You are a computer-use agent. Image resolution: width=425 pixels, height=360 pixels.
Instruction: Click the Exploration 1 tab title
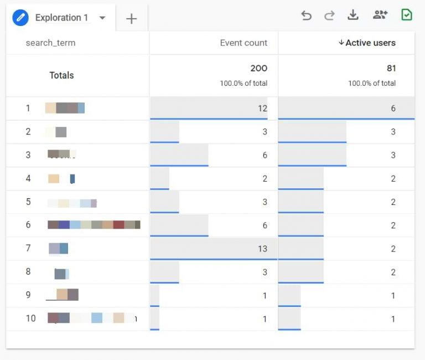(x=61, y=18)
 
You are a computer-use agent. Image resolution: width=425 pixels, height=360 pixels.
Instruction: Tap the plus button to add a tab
(x=131, y=19)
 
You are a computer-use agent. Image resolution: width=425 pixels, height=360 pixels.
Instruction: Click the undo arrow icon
(x=306, y=16)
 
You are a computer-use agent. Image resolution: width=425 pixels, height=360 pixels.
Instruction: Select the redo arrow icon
(x=329, y=16)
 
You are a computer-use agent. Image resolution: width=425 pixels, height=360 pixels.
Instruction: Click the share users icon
(x=380, y=16)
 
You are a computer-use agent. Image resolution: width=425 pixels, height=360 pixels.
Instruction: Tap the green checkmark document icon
(x=407, y=15)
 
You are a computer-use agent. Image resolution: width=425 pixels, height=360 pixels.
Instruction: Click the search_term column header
(x=50, y=43)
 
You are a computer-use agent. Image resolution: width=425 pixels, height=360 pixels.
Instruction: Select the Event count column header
(x=243, y=43)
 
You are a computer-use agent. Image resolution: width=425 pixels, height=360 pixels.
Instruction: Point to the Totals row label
(x=61, y=75)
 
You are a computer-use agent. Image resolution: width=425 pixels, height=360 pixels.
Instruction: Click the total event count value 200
(x=258, y=69)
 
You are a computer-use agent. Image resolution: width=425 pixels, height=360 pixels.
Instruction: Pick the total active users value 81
(x=391, y=69)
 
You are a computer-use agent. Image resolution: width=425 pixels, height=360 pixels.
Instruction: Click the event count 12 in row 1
(x=262, y=109)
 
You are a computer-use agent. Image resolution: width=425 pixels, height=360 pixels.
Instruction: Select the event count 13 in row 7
(x=262, y=249)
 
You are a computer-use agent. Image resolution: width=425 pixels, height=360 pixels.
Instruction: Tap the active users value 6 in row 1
(x=393, y=109)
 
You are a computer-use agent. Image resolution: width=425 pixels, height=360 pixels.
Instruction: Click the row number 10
(x=30, y=318)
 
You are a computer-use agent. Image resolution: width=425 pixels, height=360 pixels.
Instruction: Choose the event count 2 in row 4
(x=265, y=178)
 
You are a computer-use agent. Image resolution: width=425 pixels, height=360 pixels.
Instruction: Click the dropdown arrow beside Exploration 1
(x=102, y=18)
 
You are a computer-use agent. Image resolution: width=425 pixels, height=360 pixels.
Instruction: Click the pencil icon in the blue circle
(x=20, y=18)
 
